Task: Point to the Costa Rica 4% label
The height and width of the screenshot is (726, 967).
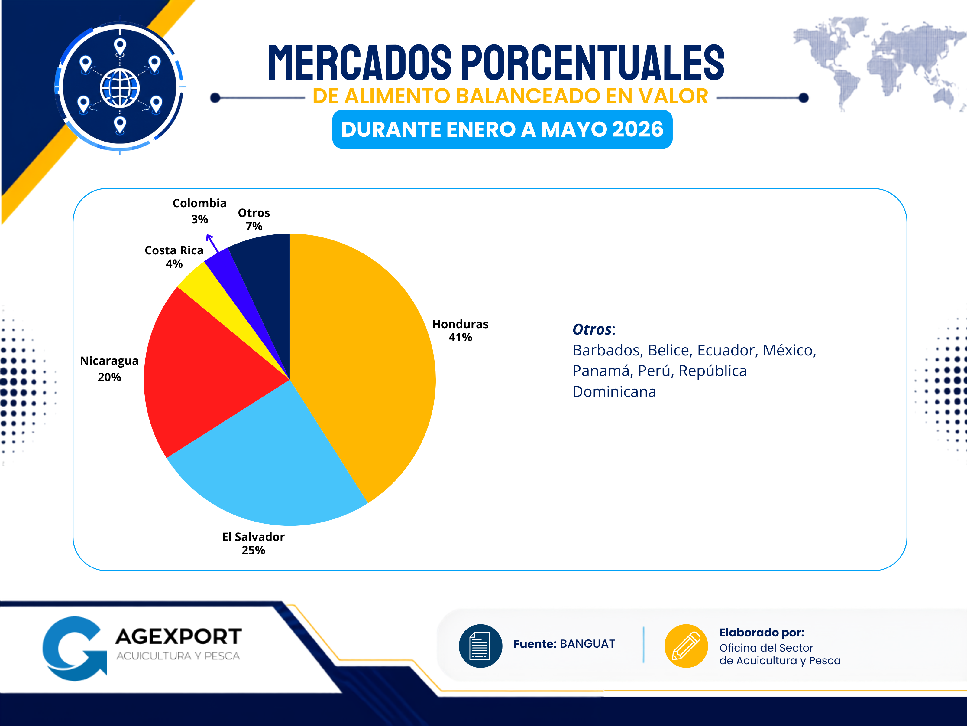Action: coord(174,257)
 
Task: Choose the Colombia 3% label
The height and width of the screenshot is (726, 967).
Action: coord(199,211)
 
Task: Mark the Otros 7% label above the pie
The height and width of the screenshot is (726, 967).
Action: coord(254,219)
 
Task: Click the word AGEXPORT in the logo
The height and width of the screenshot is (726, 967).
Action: coord(178,637)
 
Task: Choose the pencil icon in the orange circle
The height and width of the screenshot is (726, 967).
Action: coord(686,646)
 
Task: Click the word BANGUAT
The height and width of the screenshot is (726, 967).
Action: coord(587,644)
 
